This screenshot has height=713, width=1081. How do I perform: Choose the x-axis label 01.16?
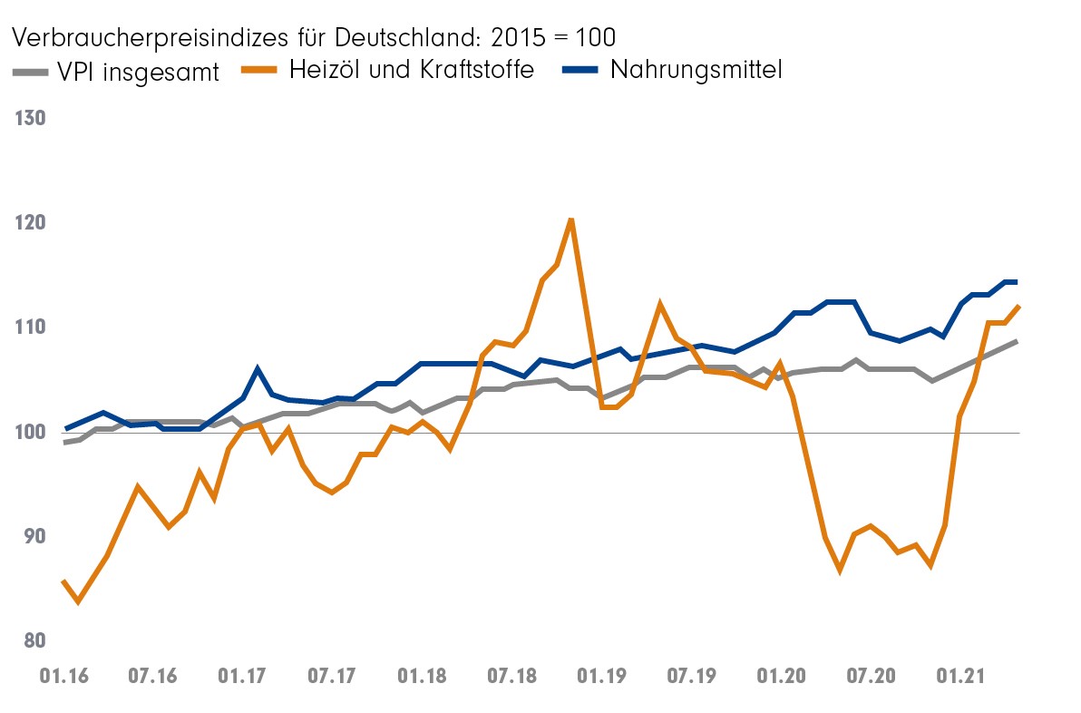pyautogui.click(x=63, y=678)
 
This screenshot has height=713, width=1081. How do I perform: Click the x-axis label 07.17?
pyautogui.click(x=331, y=678)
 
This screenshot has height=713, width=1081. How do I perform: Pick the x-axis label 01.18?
pyautogui.click(x=421, y=678)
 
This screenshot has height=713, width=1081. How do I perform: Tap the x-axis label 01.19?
pyautogui.click(x=600, y=678)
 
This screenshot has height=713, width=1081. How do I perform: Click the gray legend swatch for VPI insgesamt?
pyautogui.click(x=32, y=72)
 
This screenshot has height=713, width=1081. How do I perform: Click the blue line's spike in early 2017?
pyautogui.click(x=258, y=369)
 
